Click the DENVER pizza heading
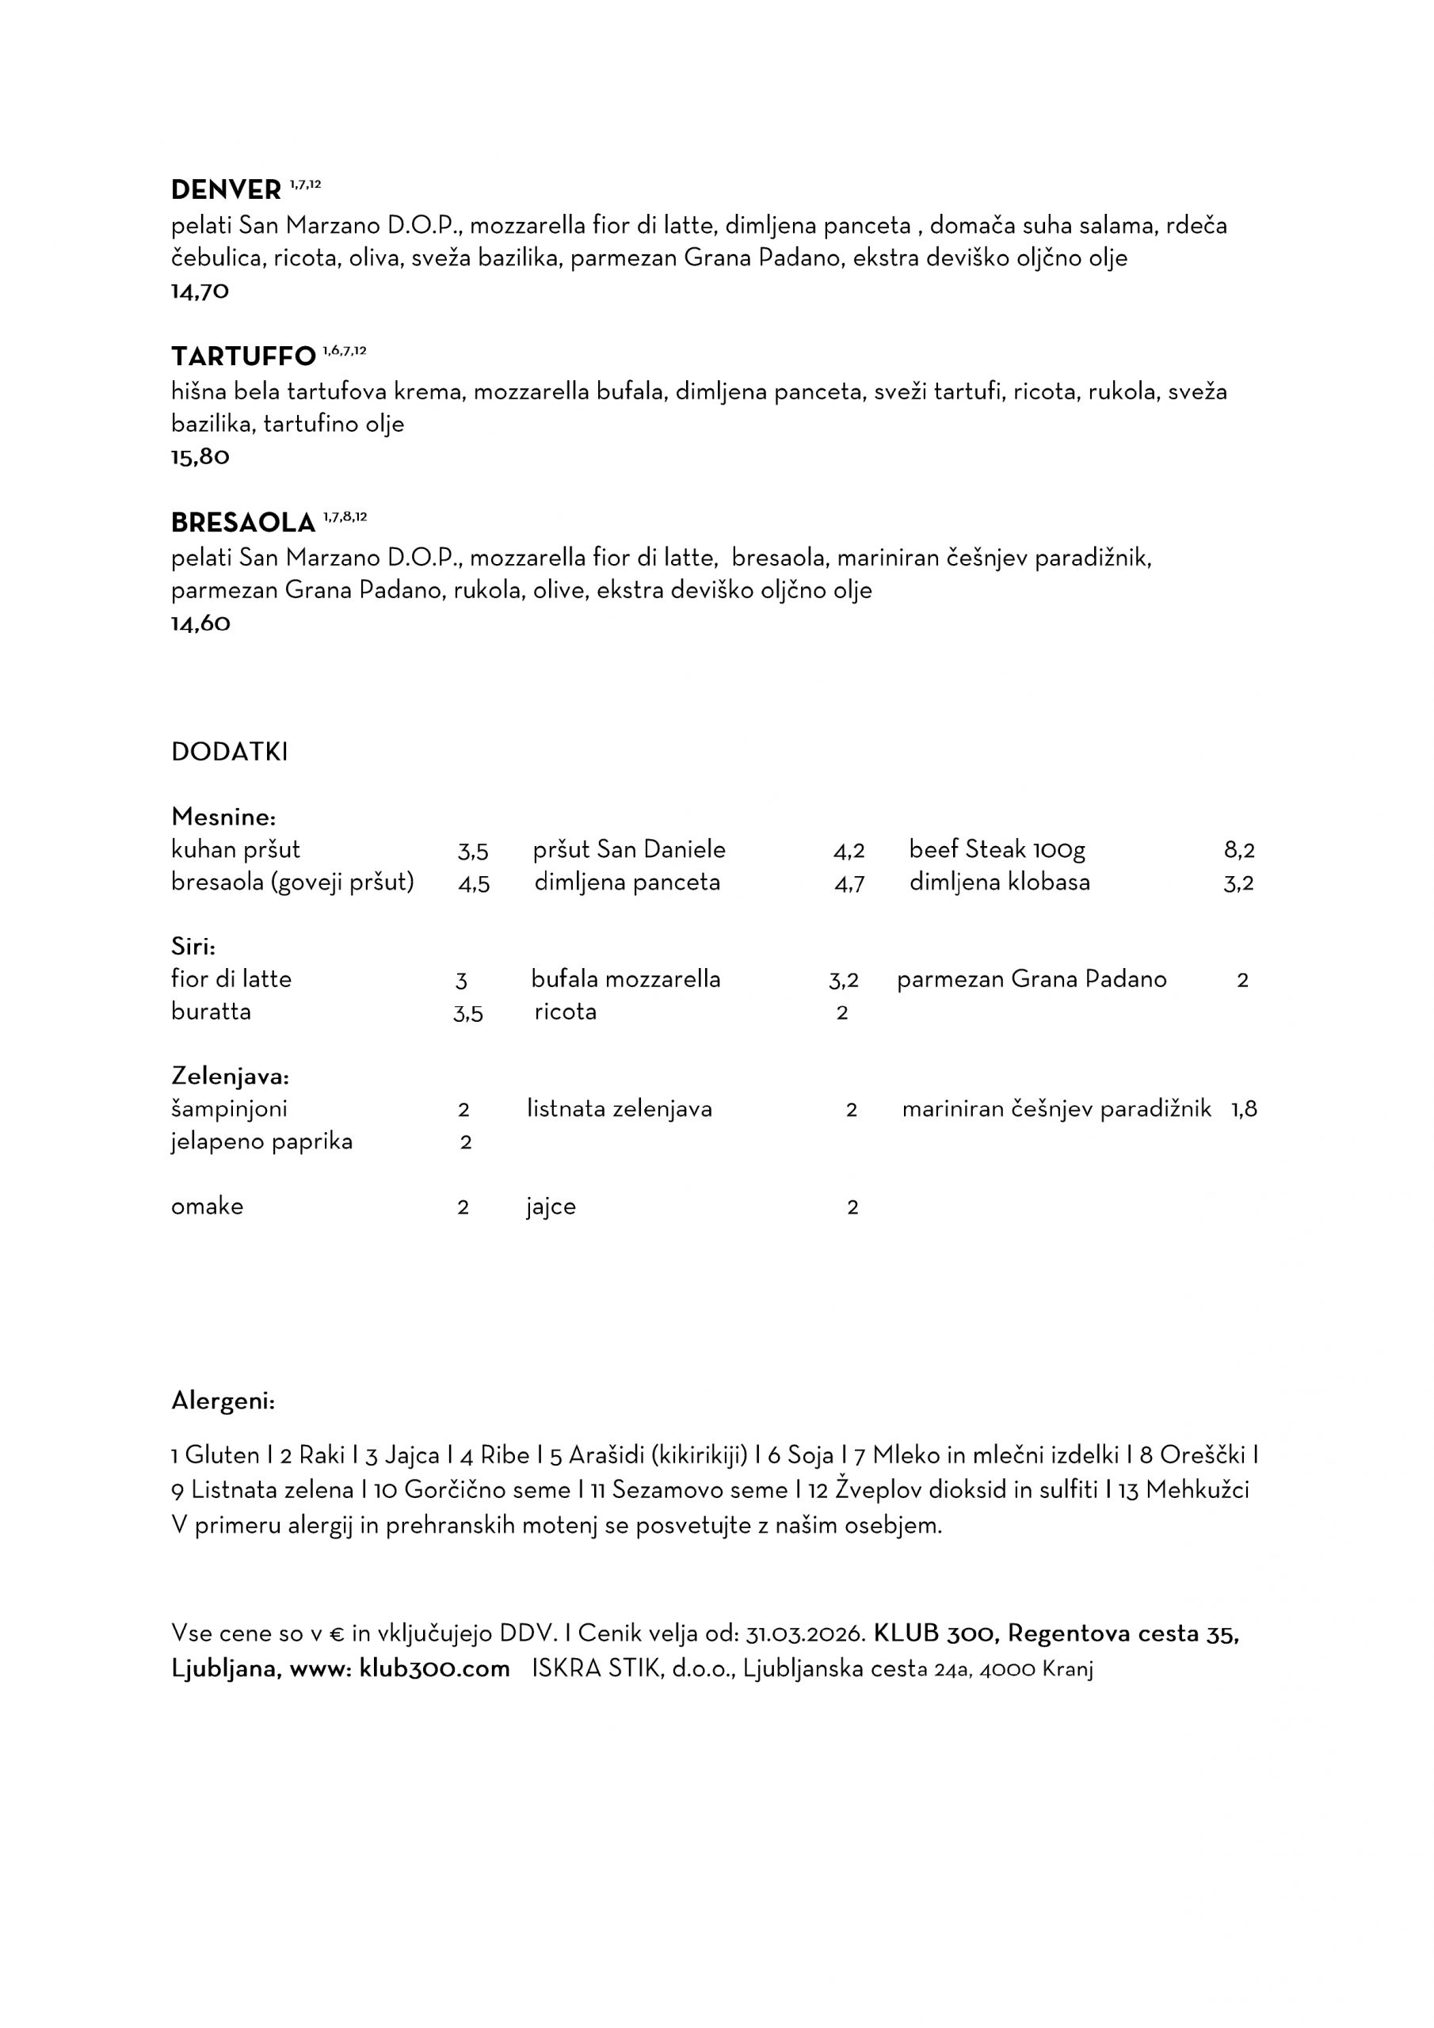[225, 190]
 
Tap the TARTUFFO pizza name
[243, 356]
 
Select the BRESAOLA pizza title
[243, 523]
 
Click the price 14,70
[200, 292]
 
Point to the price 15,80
[200, 458]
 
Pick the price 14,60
[200, 623]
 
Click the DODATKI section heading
[230, 752]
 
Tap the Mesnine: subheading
[223, 816]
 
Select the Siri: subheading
[193, 947]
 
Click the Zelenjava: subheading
[231, 1077]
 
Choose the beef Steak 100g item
[997, 850]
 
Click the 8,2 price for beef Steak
[1239, 851]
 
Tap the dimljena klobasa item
[999, 882]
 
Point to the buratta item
[212, 1012]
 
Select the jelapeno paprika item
[261, 1142]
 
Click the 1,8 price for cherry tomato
[1244, 1109]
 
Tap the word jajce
[551, 1207]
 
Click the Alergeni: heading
[223, 1401]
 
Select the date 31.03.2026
[804, 1634]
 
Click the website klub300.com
[435, 1669]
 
